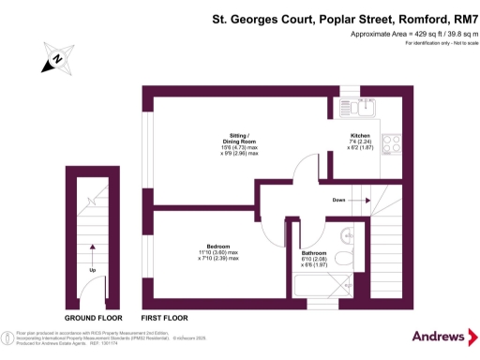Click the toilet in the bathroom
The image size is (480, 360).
(343, 255)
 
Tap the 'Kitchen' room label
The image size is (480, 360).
(361, 134)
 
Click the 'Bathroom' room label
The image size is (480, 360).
(315, 253)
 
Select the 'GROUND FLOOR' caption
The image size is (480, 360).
(92, 318)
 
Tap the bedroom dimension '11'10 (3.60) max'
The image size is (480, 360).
(217, 252)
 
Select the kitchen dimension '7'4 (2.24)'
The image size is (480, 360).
(361, 141)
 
